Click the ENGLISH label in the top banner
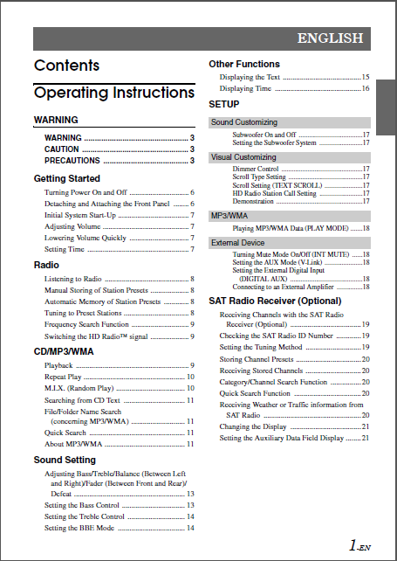click(x=329, y=38)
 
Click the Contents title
click(x=66, y=66)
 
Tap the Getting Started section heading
click(x=67, y=178)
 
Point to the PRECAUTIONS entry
click(x=72, y=161)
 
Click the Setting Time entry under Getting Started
click(x=65, y=249)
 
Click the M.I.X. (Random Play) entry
click(x=79, y=387)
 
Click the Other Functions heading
click(x=244, y=64)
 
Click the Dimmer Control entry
click(x=256, y=169)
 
